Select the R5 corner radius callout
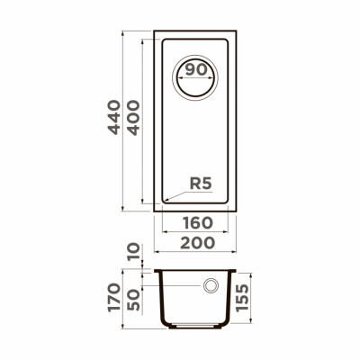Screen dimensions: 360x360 [200, 185]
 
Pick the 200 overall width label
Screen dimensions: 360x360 [194, 243]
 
